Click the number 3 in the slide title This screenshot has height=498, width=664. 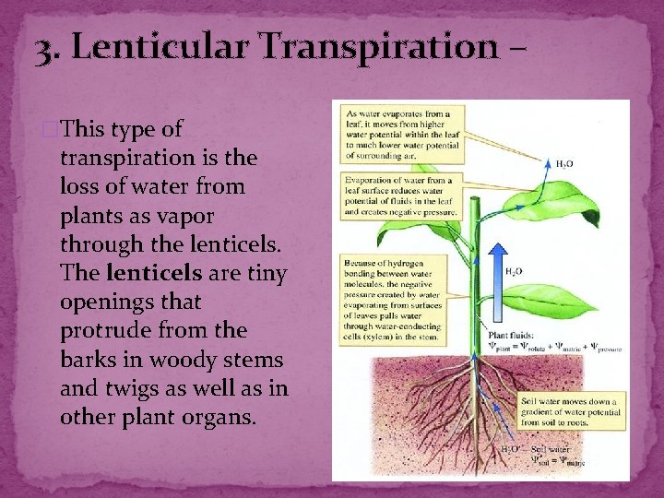pyautogui.click(x=42, y=47)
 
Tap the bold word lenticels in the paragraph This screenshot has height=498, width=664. pyautogui.click(x=151, y=272)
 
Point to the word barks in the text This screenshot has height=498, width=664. pyautogui.click(x=89, y=358)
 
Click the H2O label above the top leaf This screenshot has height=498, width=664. pyautogui.click(x=563, y=163)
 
